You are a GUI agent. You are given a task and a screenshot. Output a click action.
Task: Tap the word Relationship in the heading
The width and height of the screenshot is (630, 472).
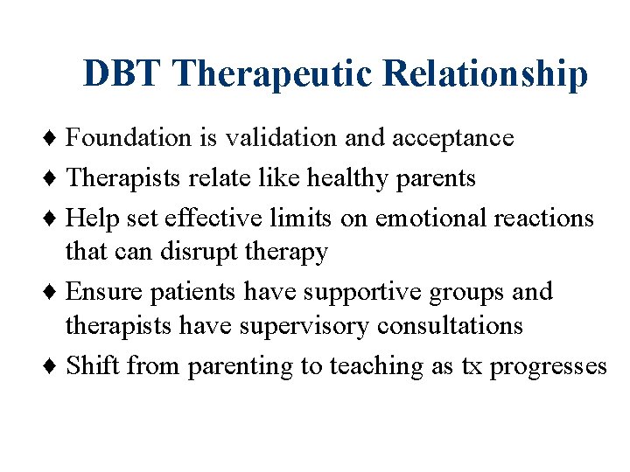[x=486, y=73]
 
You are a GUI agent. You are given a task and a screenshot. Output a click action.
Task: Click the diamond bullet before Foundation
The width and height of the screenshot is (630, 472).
[x=55, y=138]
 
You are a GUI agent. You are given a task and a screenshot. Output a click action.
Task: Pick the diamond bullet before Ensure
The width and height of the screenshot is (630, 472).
[x=55, y=291]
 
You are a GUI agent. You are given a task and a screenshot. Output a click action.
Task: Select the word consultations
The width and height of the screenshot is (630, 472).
[x=450, y=326]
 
